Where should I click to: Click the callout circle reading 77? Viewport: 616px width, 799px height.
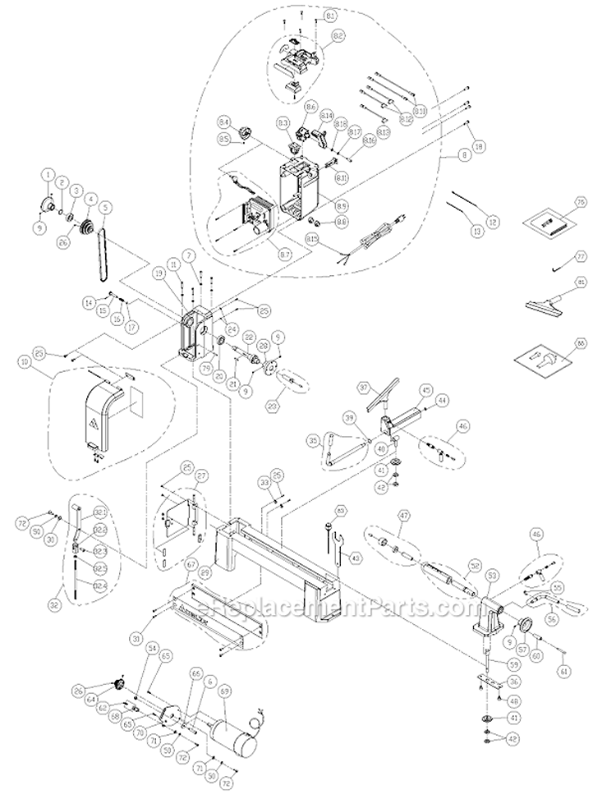580,256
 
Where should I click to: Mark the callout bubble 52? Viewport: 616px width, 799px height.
474,565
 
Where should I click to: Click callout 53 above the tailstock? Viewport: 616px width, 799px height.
493,576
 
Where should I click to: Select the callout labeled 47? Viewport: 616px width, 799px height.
402,516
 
